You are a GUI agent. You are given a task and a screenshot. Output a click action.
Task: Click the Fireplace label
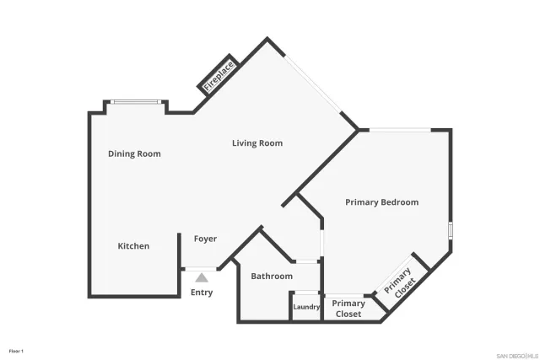[x=218, y=74]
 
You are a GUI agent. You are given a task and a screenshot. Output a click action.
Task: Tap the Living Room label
[x=257, y=143]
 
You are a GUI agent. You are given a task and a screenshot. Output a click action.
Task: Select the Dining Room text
[x=134, y=153]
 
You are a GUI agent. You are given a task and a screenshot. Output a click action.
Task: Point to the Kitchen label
[x=133, y=246]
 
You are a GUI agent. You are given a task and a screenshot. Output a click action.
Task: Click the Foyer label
[x=206, y=239]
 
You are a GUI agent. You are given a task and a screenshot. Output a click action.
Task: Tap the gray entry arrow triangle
[x=202, y=276]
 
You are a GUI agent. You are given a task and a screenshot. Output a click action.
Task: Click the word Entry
[x=202, y=293]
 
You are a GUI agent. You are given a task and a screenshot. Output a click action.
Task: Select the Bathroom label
[x=272, y=277]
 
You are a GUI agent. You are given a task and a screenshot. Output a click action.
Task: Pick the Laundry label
[x=306, y=307]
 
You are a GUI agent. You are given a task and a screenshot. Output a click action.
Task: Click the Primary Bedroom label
[x=381, y=202]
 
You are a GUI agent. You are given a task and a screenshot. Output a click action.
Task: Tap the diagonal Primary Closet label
[x=399, y=282]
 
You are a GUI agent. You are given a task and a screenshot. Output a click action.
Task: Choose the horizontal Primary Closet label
[x=348, y=309]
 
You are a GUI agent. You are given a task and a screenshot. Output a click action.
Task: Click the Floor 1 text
[x=16, y=350]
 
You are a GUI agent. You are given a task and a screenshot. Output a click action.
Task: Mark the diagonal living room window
[x=313, y=83]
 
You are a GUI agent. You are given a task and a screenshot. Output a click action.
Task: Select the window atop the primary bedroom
[x=400, y=129]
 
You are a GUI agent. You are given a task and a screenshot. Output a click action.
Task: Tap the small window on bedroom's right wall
[x=451, y=231]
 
